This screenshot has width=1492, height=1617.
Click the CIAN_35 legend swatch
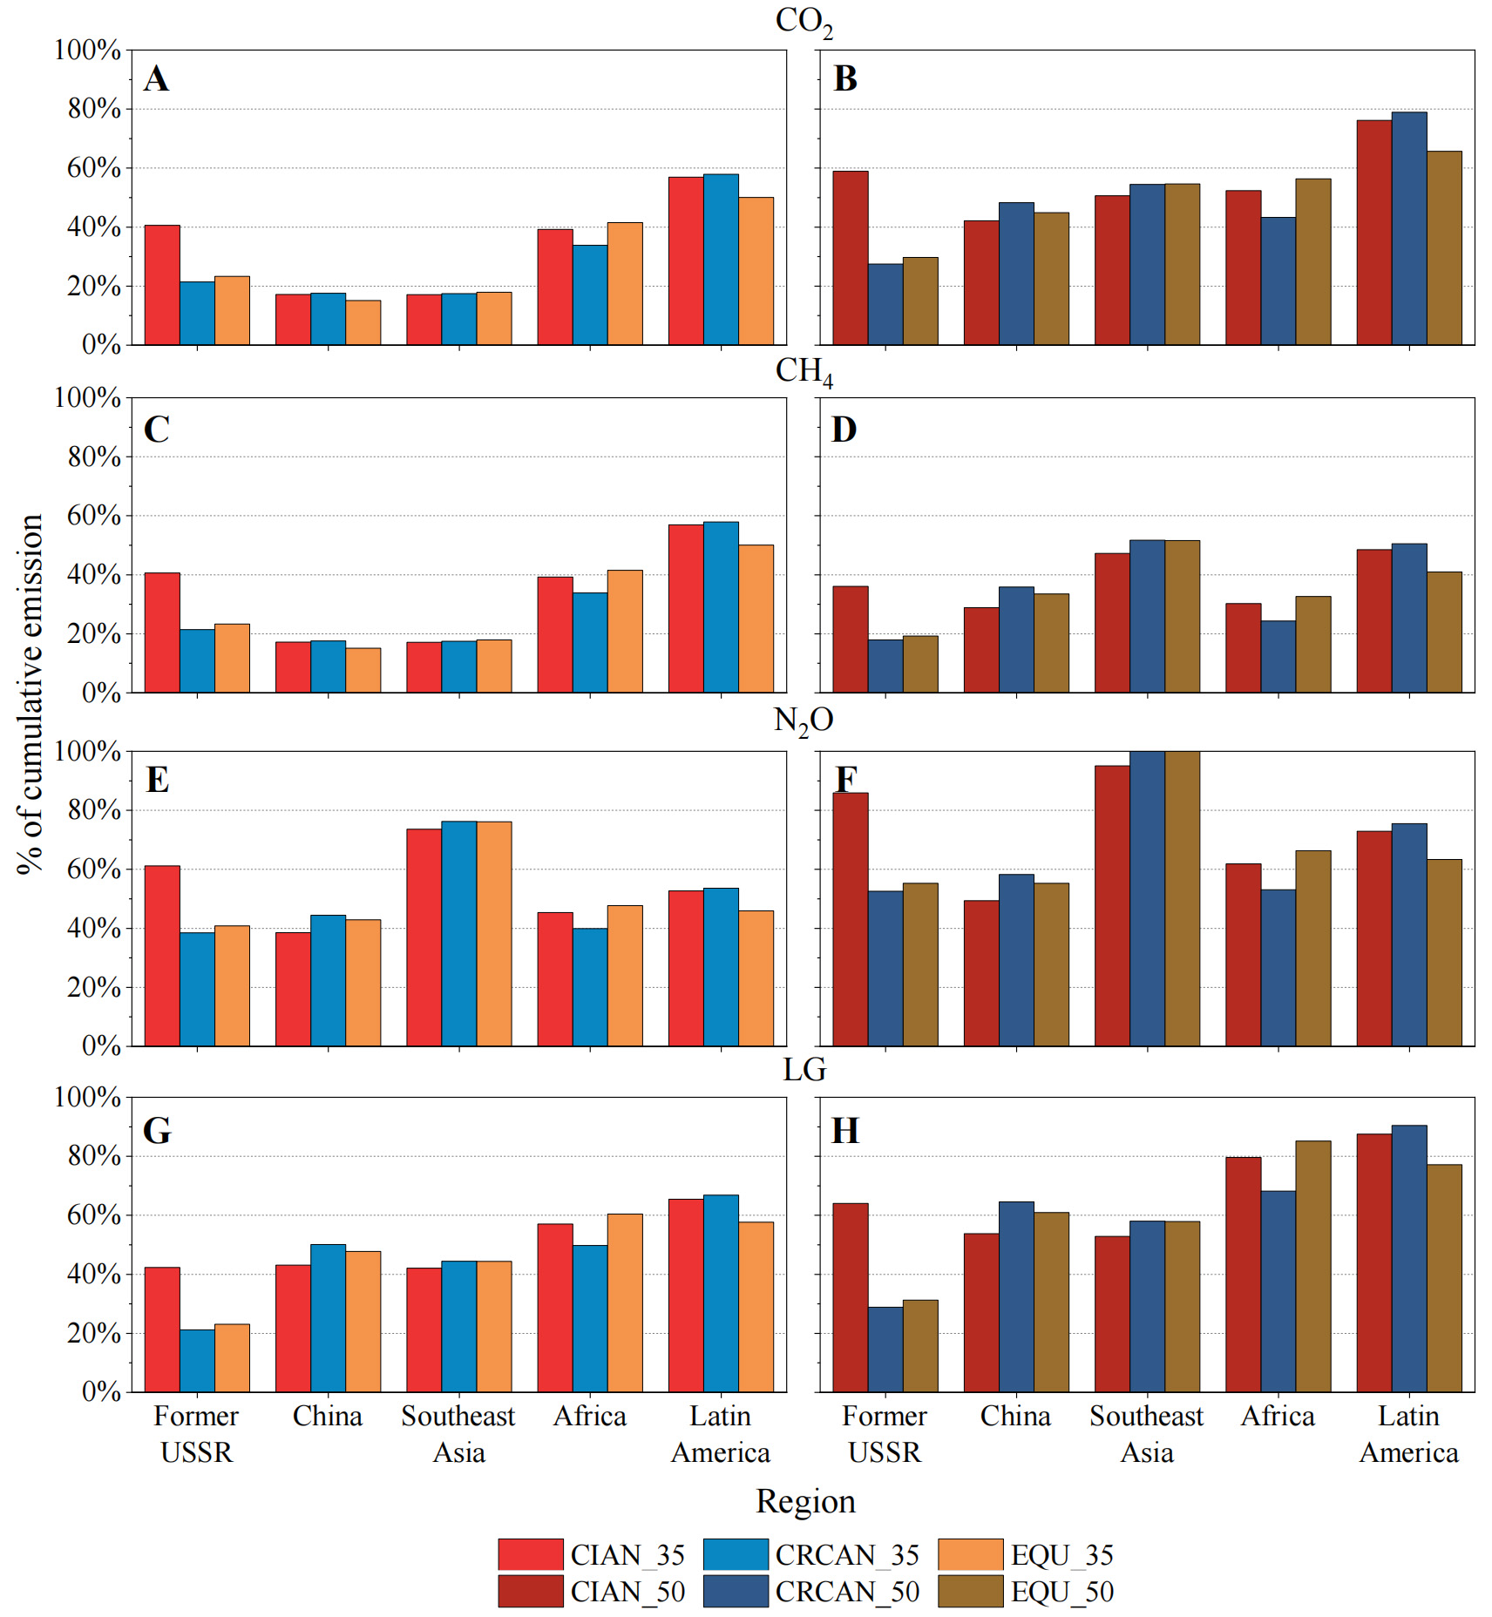coord(530,1554)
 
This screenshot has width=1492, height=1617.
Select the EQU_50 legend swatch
coord(970,1591)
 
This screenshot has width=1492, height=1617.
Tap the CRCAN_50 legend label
coord(847,1592)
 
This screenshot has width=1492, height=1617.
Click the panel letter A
coord(157,79)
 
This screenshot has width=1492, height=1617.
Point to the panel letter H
coord(844,1131)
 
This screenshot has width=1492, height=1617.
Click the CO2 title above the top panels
coord(804,22)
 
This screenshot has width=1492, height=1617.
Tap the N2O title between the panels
coord(804,721)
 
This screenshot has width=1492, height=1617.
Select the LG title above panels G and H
coord(804,1069)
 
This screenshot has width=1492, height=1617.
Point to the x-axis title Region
coord(805,1501)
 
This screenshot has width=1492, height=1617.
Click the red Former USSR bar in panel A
coord(162,285)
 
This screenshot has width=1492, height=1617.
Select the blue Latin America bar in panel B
coord(1408,228)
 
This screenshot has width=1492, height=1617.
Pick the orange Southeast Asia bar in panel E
coord(494,933)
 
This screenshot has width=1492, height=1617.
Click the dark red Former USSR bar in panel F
coord(850,919)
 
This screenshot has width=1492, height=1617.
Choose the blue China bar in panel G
coord(328,1317)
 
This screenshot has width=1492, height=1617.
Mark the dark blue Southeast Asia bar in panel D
coord(1147,616)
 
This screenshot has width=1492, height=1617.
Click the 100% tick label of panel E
coord(87,751)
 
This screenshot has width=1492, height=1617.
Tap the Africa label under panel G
coord(590,1416)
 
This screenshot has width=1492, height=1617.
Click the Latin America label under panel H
coord(1408,1434)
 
